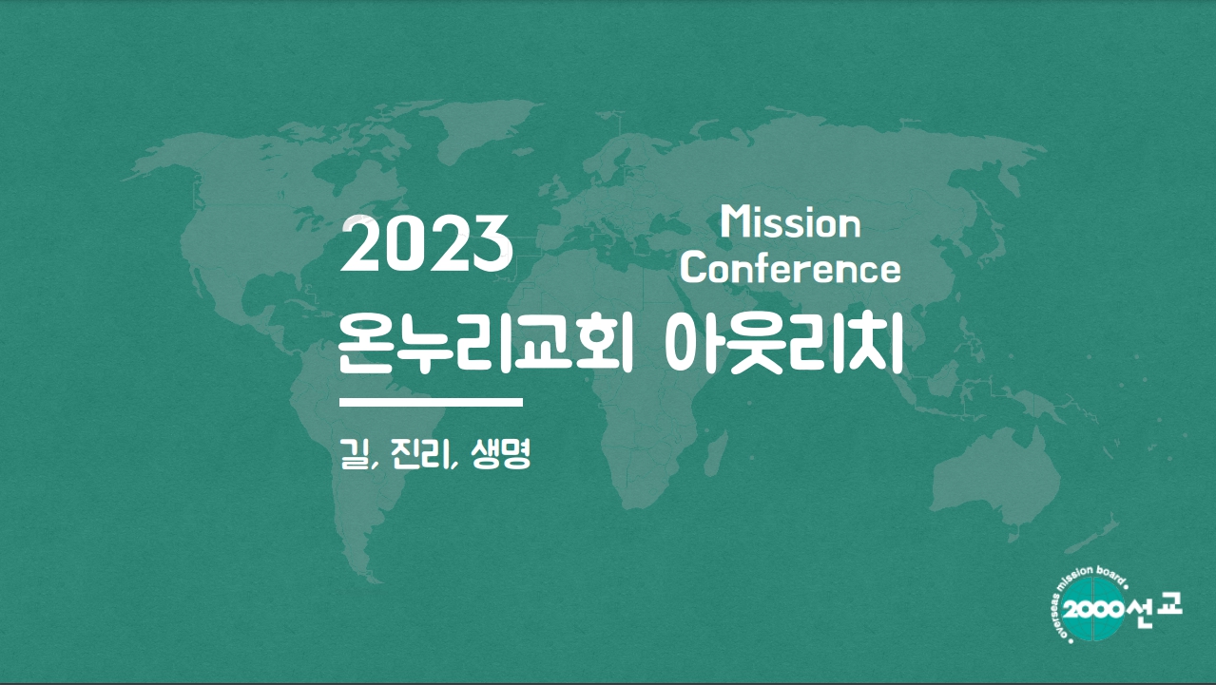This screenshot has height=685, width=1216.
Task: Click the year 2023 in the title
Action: tap(427, 243)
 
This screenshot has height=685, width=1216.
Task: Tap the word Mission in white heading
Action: tap(790, 223)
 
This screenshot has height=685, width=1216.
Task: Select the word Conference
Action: tap(790, 269)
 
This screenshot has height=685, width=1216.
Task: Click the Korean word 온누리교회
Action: tap(485, 343)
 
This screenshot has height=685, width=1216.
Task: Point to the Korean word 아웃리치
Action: tap(783, 343)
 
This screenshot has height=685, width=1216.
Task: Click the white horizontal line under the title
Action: tap(431, 403)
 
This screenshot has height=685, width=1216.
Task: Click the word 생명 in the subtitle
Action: tap(500, 453)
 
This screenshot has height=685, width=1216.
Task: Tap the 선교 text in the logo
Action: tap(1154, 610)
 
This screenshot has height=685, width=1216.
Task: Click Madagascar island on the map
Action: tap(717, 453)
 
